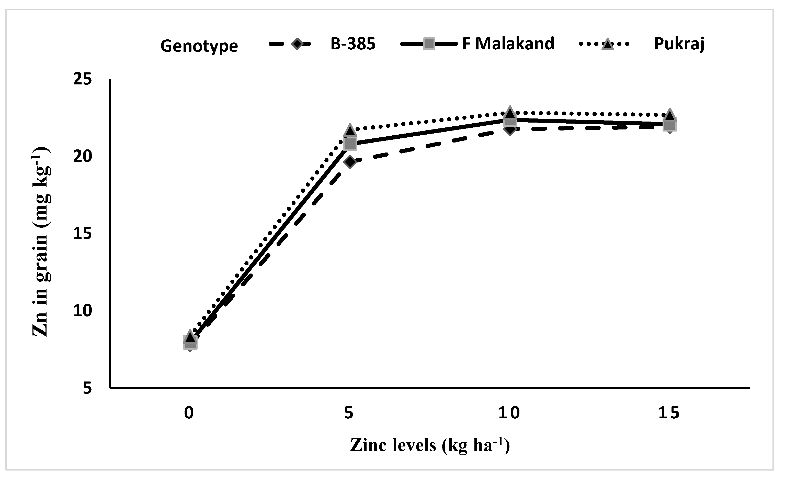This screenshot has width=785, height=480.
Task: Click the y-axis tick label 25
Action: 82,79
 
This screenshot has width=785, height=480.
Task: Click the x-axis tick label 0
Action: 189,413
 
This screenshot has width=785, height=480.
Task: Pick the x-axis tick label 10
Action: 509,413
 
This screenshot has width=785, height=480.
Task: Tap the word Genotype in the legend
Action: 199,46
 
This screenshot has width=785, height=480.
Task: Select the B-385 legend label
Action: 353,44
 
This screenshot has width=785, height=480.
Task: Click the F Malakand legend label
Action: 508,44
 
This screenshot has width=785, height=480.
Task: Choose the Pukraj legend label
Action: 679,44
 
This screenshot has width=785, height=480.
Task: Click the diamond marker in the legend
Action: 297,44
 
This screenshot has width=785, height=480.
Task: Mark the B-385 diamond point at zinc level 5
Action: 350,162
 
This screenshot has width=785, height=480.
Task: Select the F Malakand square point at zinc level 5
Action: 350,144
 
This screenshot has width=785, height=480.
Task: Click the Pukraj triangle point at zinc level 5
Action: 350,130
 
